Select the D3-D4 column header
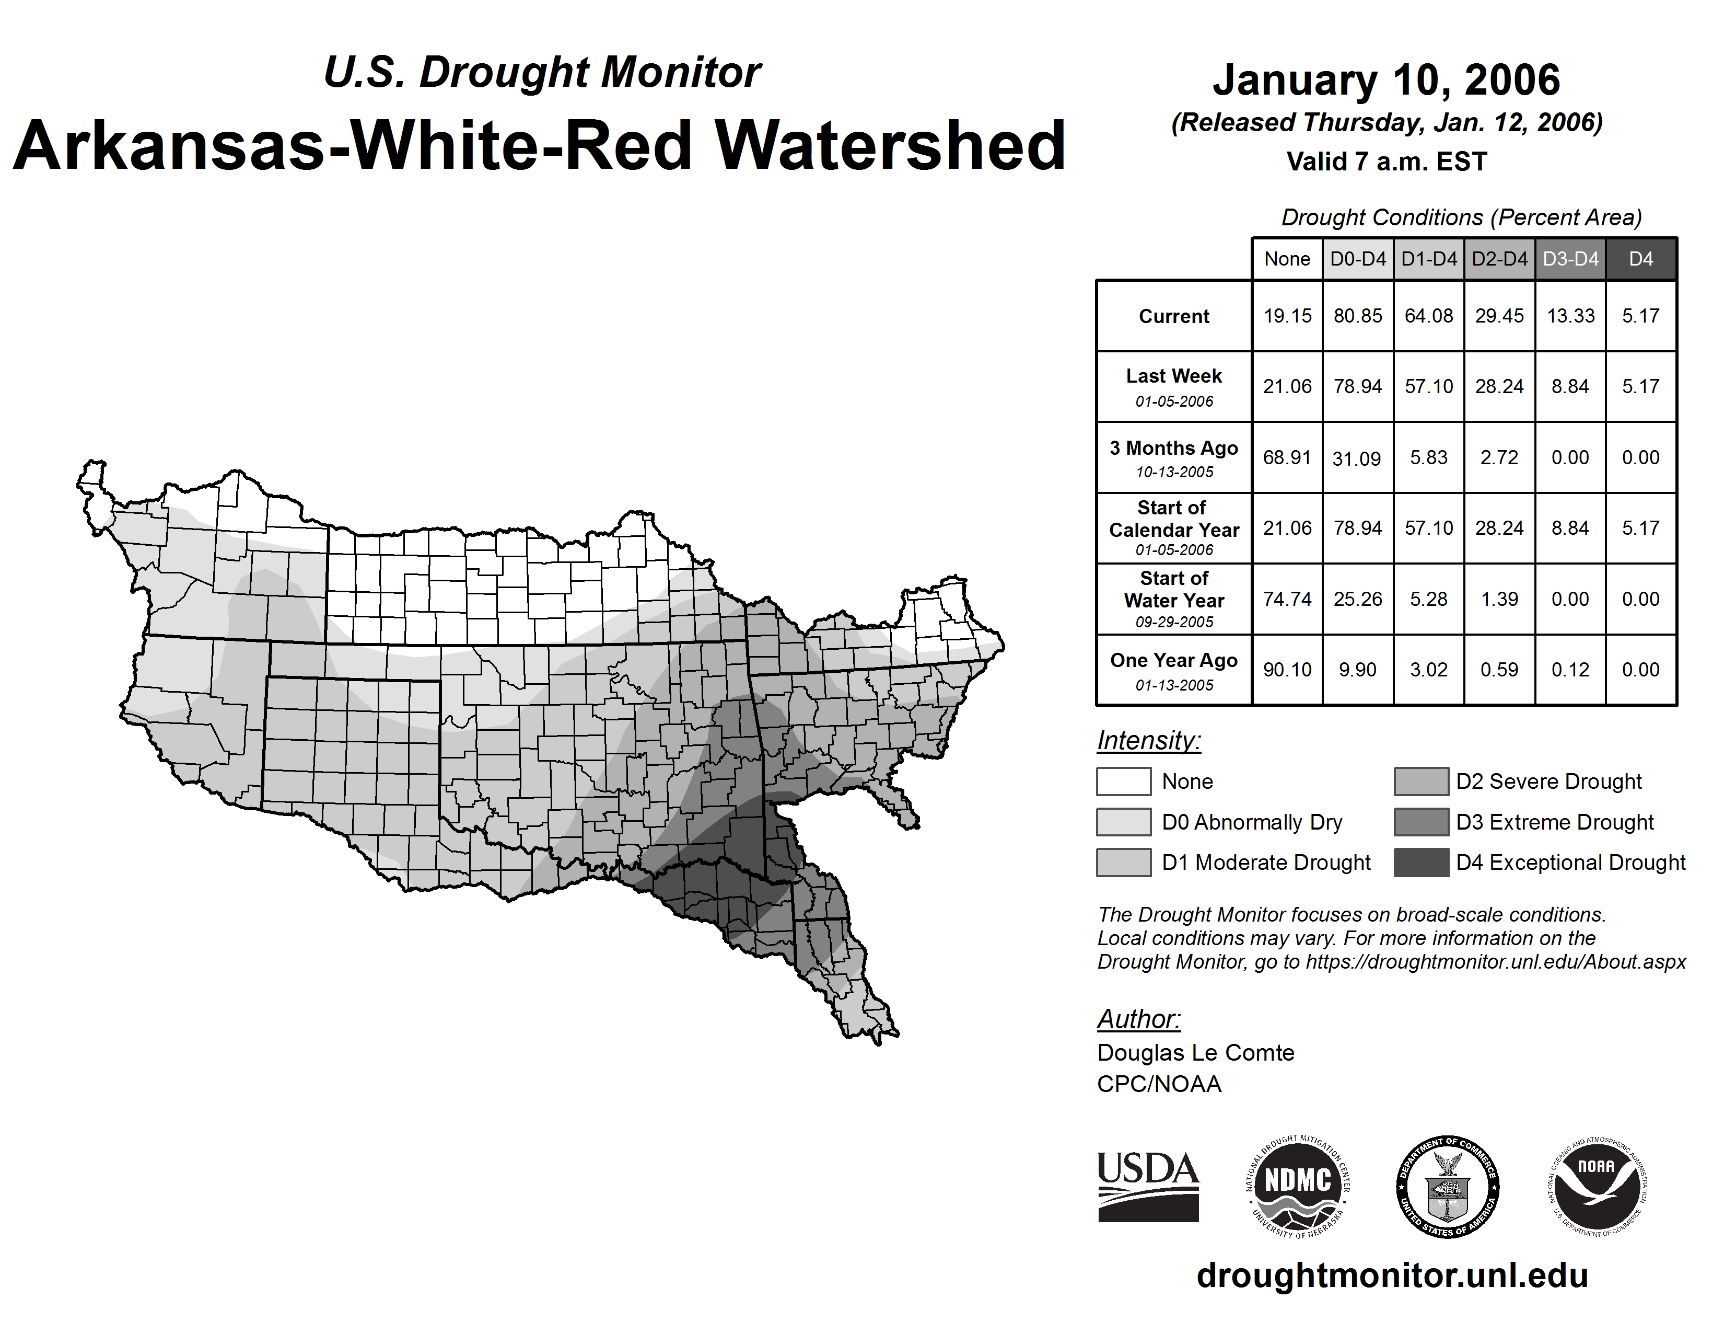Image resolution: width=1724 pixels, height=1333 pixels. [1570, 259]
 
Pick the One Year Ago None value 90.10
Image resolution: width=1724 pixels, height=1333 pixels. [1287, 670]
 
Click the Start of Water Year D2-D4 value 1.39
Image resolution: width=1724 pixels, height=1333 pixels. [1499, 600]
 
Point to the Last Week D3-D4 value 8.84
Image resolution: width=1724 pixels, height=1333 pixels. [1570, 386]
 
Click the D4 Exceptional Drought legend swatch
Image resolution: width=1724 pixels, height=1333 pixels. [1421, 863]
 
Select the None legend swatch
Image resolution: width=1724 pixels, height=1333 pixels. [1123, 781]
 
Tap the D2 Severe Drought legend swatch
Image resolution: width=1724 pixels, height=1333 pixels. [1421, 781]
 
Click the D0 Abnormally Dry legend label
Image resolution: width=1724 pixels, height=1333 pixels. [1252, 822]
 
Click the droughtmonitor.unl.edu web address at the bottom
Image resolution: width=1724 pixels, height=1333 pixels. [1392, 1275]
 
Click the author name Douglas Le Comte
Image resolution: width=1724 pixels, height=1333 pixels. [1195, 1053]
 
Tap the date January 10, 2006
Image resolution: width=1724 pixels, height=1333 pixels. [1386, 80]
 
